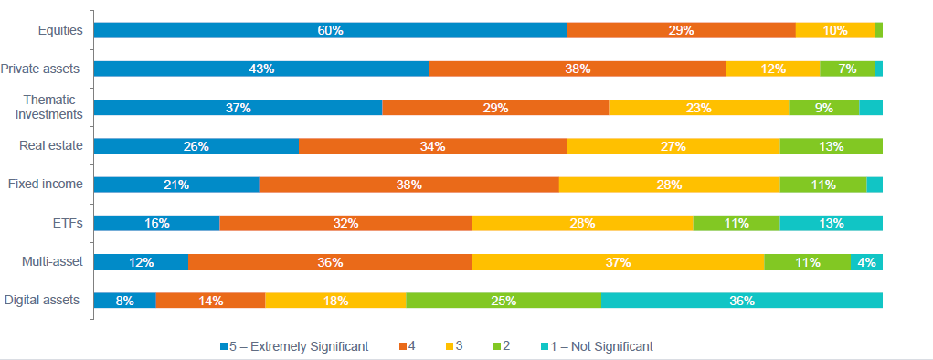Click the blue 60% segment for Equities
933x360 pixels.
[330, 30]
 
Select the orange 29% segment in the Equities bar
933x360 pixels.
[681, 30]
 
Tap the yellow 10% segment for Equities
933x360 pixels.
[835, 30]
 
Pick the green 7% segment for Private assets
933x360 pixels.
[847, 69]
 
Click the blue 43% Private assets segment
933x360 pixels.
[261, 69]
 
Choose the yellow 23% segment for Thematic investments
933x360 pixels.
[698, 108]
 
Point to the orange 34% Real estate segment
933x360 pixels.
[432, 146]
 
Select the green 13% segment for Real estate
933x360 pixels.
[831, 146]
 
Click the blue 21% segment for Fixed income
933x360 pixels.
[176, 185]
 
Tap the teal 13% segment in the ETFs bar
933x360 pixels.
[831, 223]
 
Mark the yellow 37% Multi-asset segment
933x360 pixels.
[618, 262]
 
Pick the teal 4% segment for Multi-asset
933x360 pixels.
[866, 262]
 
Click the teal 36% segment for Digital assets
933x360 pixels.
[741, 301]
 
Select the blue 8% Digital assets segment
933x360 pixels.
[125, 301]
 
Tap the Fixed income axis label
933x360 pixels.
[45, 185]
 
